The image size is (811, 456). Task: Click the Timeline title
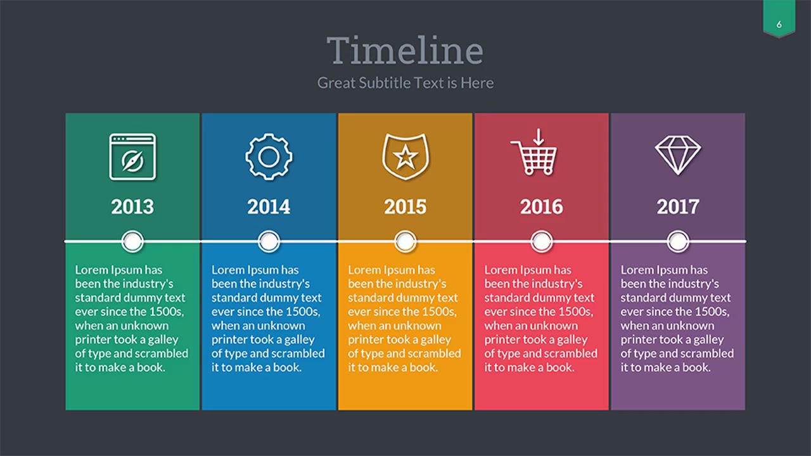(x=405, y=50)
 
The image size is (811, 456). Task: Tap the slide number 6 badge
(x=779, y=25)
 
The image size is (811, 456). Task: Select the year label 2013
(x=132, y=206)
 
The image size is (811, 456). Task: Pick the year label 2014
(x=269, y=206)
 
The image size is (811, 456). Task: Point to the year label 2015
(x=405, y=206)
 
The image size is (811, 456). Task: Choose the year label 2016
(x=541, y=206)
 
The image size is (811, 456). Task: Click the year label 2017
(x=677, y=206)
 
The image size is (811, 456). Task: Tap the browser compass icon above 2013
(x=132, y=156)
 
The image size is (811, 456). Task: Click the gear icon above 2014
(x=269, y=156)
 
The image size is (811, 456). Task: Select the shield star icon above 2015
(x=405, y=156)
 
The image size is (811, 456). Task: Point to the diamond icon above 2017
(x=677, y=155)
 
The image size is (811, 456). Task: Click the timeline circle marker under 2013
(x=132, y=241)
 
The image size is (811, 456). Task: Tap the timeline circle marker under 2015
(x=405, y=241)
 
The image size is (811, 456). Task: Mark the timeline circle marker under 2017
(x=677, y=241)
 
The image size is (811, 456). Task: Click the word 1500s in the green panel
(x=166, y=312)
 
